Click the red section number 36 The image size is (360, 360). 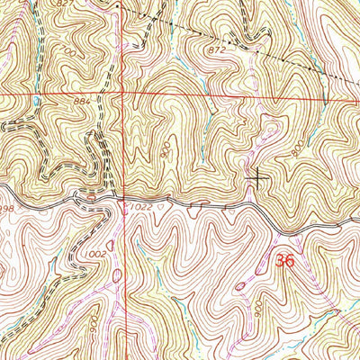[x=286, y=262]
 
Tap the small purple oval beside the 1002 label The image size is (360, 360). [x=111, y=244]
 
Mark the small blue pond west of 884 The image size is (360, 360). [x=36, y=102]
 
